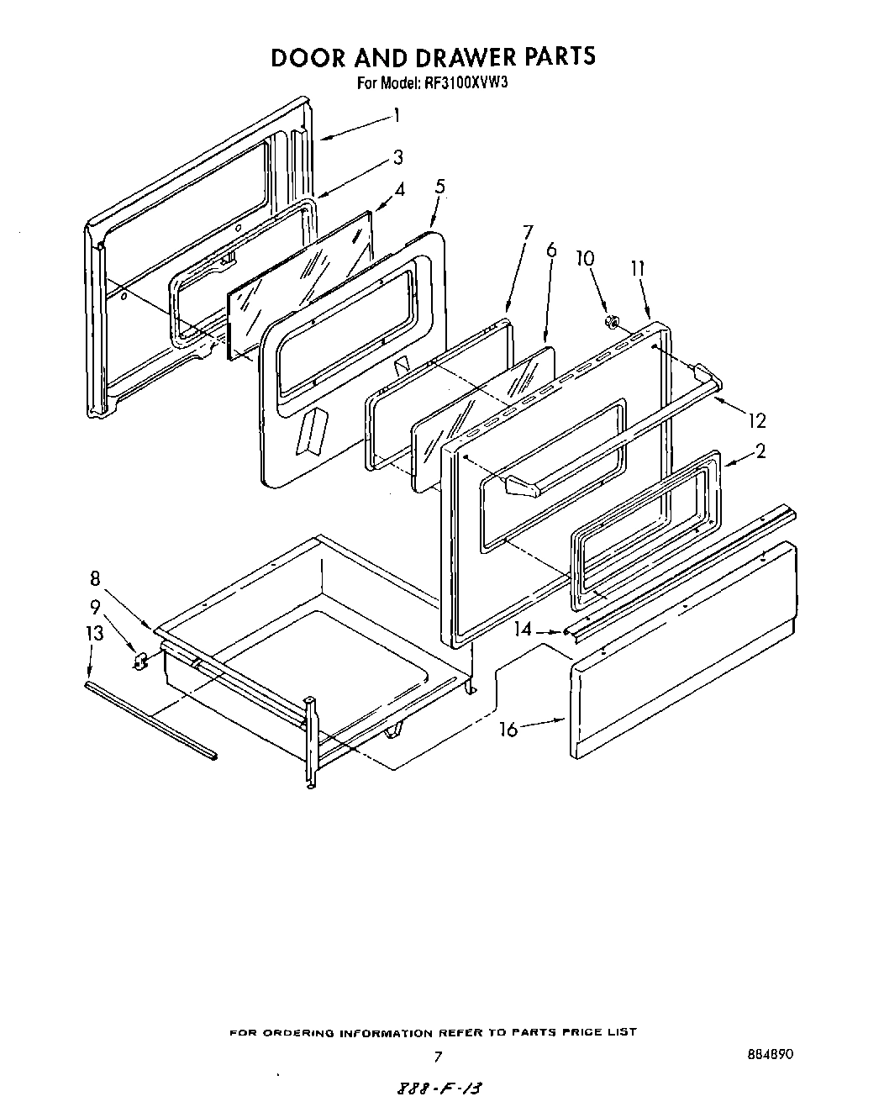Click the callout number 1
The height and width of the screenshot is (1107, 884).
click(396, 116)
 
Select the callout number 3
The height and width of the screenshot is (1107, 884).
click(397, 157)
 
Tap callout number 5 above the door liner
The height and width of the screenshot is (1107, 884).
click(439, 187)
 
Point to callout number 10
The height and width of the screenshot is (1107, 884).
click(585, 258)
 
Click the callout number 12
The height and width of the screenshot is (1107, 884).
click(756, 419)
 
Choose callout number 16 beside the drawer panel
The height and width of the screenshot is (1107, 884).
click(508, 729)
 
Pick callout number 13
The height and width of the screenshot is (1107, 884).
click(95, 633)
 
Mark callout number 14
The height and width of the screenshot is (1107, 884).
click(524, 628)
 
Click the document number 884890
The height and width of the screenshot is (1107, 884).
click(769, 1054)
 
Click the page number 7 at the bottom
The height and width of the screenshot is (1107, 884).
click(437, 1057)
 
